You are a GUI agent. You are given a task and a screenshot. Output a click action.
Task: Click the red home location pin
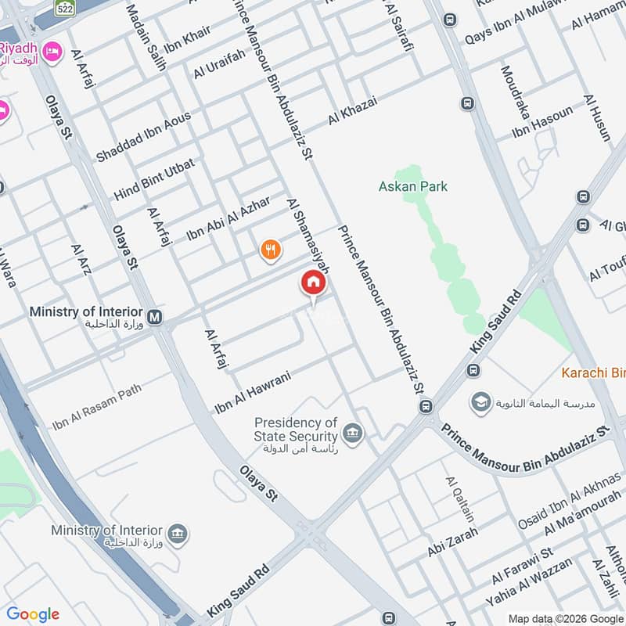click(x=312, y=283)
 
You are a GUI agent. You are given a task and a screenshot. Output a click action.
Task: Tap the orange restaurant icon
click(x=271, y=250)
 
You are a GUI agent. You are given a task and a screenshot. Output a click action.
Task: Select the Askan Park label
click(x=413, y=186)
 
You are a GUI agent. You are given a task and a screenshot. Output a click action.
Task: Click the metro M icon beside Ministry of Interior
click(x=155, y=317)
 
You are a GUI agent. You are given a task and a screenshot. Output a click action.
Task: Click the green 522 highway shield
click(x=64, y=7)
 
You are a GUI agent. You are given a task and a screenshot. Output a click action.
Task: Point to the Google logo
click(x=33, y=614)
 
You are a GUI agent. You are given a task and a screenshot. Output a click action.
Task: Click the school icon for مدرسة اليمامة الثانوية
click(x=480, y=403)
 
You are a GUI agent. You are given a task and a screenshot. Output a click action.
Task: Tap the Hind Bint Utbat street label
click(x=154, y=178)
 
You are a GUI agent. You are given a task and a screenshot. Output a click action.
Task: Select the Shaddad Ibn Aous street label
click(x=143, y=136)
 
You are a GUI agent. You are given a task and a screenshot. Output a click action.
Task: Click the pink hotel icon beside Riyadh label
click(x=52, y=52)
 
